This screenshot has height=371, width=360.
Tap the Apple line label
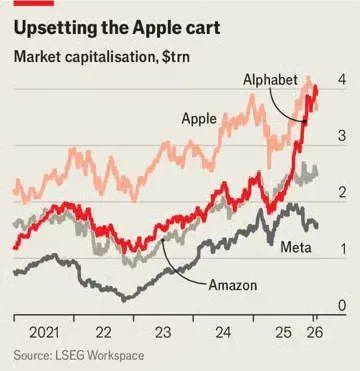click(200, 119)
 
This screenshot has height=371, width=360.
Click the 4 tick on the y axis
click(342, 79)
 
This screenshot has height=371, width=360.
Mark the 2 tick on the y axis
click(342, 192)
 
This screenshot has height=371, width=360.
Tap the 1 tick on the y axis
click(342, 249)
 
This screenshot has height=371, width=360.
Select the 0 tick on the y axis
click(342, 305)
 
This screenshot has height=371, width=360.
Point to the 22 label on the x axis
click(103, 331)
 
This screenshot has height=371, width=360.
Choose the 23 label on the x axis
click(163, 331)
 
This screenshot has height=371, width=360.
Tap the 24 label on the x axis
click(223, 331)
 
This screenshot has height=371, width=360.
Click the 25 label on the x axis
click(283, 331)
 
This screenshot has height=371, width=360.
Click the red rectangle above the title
click(27, 4)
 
